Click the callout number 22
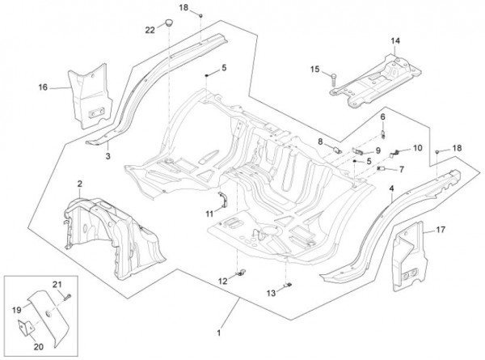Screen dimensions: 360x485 150,30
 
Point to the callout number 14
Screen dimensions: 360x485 395,40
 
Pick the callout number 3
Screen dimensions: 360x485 108,155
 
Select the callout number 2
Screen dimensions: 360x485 79,184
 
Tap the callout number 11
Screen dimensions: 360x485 209,214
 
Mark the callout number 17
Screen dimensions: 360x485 441,230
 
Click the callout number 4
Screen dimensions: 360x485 391,188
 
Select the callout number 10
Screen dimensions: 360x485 417,148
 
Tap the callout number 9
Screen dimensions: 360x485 377,150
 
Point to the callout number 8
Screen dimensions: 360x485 320,141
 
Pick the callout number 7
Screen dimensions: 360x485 402,169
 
